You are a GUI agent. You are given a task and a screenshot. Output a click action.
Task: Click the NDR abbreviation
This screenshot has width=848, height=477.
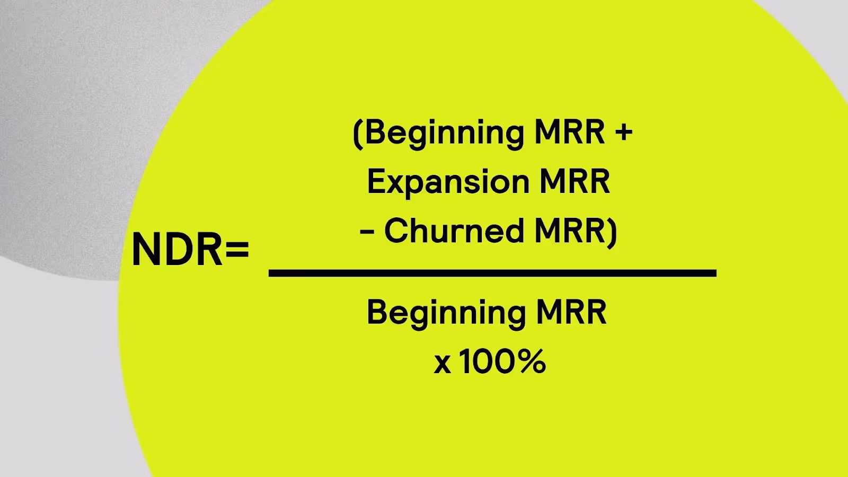177,250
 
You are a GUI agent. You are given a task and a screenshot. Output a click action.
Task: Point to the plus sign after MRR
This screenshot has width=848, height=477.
624,132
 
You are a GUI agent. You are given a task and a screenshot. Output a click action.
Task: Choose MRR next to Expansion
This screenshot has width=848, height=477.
575,181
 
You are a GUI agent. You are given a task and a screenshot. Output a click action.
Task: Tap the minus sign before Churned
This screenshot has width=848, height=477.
367,232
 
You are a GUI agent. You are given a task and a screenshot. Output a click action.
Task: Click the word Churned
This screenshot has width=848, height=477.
454,231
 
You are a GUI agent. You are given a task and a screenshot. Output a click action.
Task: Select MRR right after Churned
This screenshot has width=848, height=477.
569,231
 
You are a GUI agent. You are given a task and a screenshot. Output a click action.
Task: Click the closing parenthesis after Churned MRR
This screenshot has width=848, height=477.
612,232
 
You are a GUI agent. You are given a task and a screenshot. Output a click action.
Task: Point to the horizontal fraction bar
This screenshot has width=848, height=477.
492,273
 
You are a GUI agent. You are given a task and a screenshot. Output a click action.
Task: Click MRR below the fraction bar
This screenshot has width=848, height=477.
571,312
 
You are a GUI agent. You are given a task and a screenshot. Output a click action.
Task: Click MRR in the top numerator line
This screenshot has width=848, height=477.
569,132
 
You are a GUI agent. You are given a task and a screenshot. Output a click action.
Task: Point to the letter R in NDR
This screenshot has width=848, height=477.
210,250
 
